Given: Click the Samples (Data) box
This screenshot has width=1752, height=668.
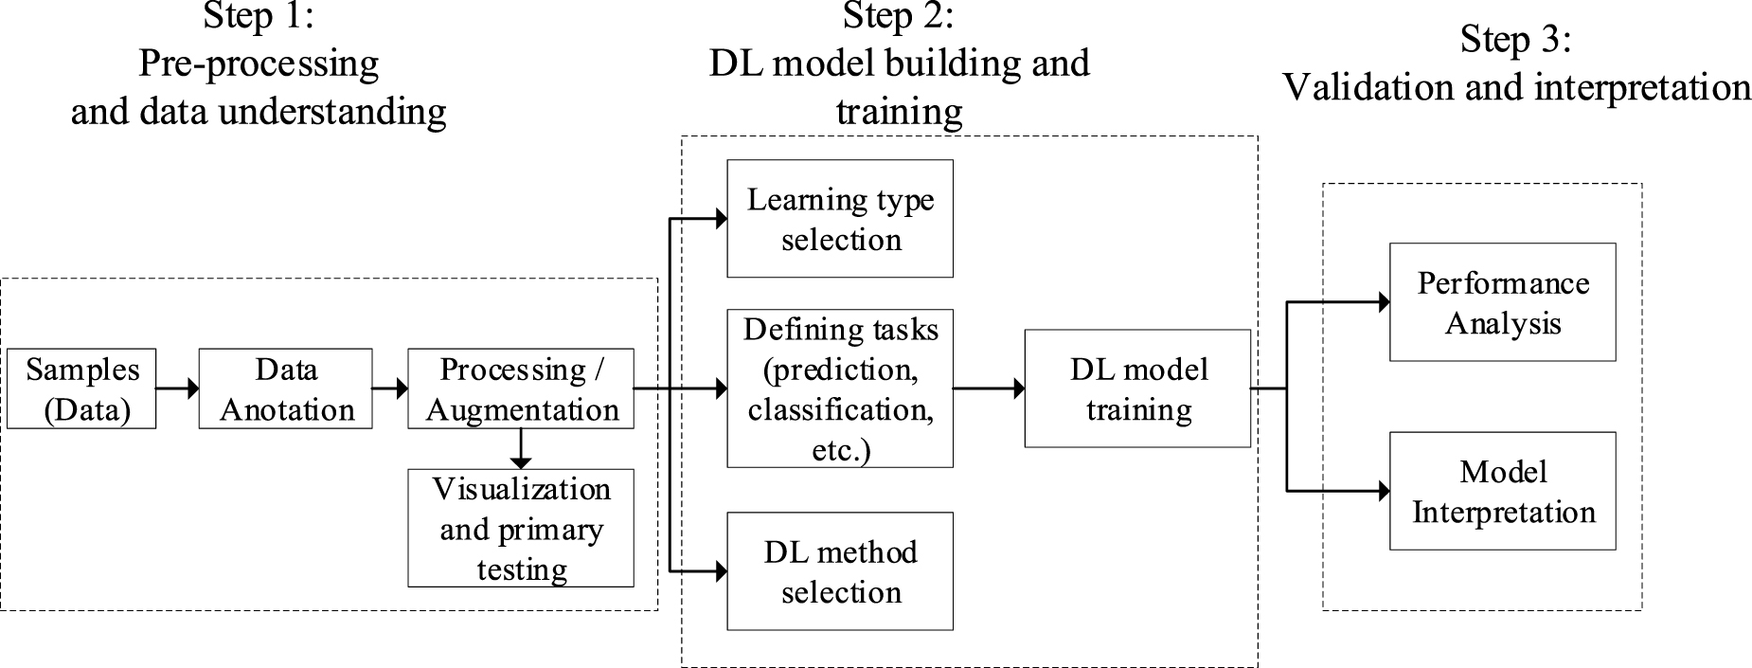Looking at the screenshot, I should pos(81,388).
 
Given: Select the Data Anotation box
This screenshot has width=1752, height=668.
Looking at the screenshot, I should pos(285,388).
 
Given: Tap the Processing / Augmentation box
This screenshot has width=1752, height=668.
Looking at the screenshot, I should pos(521,388).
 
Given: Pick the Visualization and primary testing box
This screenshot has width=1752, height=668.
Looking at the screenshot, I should pos(521,528).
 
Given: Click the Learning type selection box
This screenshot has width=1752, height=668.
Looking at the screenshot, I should pos(840,219).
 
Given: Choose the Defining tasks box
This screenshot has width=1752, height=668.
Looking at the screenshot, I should pos(840,388).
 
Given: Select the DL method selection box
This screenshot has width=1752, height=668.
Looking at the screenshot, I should pos(840,571).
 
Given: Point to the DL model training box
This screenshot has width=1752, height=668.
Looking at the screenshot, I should pos(1137,388).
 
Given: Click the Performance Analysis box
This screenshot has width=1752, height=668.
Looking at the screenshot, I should pos(1502,302).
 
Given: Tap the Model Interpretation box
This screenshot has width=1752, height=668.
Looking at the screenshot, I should pos(1502,491).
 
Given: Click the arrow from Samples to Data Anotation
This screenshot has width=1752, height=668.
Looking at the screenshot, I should pos(177,388).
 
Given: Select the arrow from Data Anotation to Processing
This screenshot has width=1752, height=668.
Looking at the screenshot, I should pos(389,388).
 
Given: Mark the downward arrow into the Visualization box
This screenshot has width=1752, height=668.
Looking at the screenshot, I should pos(521,449).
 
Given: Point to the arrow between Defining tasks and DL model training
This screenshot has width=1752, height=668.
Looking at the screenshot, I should pos(989,388).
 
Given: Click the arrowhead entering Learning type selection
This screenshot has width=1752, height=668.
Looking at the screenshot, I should pos(721,219).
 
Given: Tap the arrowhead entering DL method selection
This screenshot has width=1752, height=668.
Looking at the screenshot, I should pos(721,571).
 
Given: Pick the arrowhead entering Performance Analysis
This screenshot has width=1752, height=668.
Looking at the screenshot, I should pos(1384,302).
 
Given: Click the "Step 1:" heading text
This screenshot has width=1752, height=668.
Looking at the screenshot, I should pos(258,16).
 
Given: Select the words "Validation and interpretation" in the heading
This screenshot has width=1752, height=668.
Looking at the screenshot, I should pos(1516,88).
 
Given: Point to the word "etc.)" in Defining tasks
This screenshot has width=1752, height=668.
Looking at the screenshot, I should pos(841,450).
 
